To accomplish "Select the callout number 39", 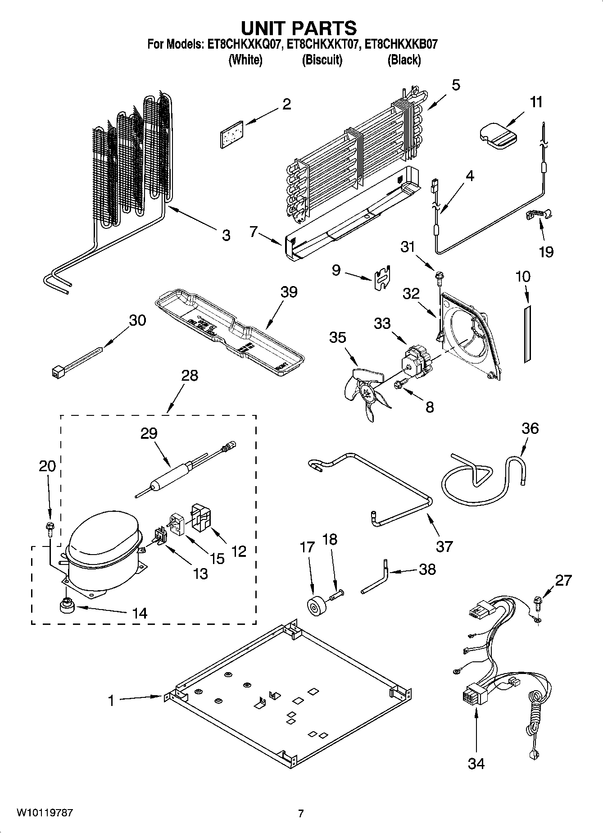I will [x=289, y=292].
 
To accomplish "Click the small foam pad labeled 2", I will [x=231, y=133].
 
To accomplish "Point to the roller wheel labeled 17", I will [x=315, y=604].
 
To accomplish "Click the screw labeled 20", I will [x=50, y=528].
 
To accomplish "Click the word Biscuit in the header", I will [x=322, y=60].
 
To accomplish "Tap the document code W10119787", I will [x=45, y=813].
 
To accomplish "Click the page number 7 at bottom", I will [x=301, y=813].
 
